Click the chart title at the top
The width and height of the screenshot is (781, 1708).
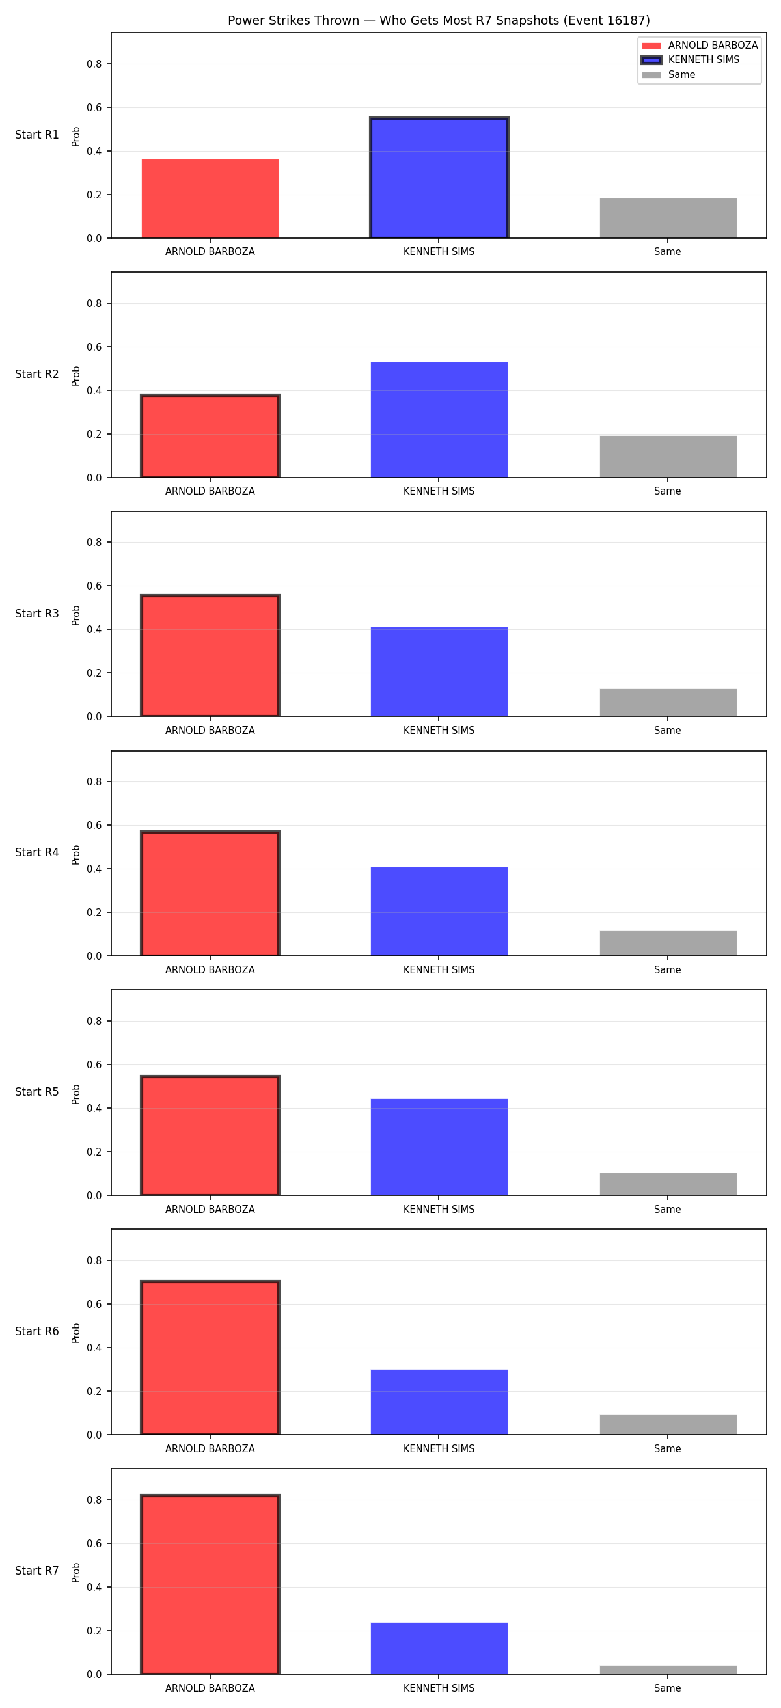(439, 21)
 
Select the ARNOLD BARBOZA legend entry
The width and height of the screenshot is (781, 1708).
(700, 45)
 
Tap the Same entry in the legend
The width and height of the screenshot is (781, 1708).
(669, 74)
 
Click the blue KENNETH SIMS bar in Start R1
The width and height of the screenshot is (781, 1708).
(439, 178)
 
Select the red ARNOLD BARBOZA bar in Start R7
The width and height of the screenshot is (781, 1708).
(210, 1584)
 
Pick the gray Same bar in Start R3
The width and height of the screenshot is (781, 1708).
(668, 703)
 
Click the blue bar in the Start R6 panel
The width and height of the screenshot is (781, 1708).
(439, 1402)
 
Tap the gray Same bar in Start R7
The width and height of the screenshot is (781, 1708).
(668, 1670)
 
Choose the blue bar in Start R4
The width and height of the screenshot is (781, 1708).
(439, 912)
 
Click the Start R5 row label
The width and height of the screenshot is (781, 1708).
(37, 1092)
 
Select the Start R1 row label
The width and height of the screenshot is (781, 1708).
(37, 135)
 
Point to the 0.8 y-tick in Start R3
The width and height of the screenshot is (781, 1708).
(94, 543)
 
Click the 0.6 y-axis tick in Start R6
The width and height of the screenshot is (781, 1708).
(94, 1304)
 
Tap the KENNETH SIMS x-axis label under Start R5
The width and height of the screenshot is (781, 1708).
(439, 1210)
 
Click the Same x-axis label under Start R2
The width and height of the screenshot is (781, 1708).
(668, 491)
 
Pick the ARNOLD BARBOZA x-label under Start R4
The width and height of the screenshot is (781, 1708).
(210, 970)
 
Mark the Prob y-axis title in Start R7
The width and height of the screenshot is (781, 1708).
(76, 1572)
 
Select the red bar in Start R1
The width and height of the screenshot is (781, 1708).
(210, 199)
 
